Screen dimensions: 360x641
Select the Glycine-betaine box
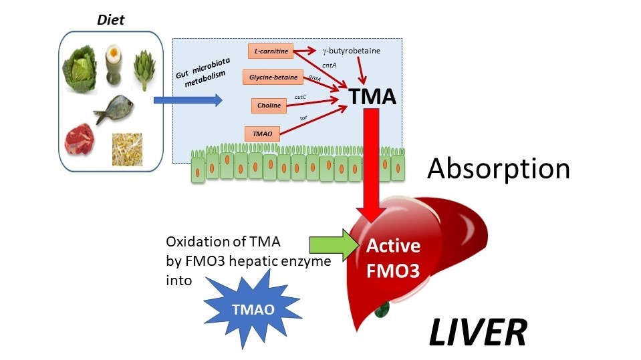[x=273, y=77]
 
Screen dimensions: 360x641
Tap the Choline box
[x=269, y=105]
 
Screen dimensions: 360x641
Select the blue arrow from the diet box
[x=187, y=100]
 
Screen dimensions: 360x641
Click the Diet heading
[x=111, y=20]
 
